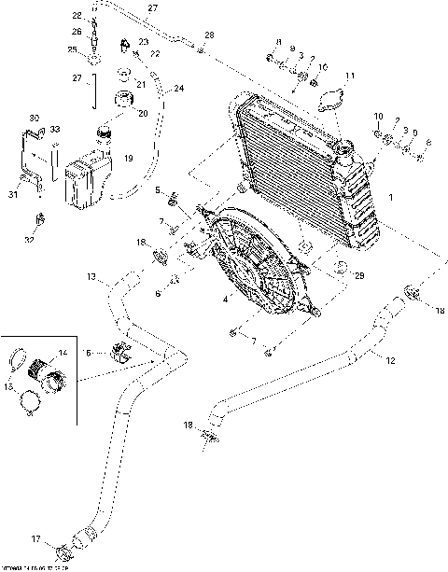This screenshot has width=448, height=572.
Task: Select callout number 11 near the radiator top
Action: point(351,76)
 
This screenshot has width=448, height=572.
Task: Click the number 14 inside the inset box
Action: point(63,353)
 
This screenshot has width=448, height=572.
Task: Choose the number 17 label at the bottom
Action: point(35,538)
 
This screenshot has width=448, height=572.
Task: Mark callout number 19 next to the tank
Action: point(129,158)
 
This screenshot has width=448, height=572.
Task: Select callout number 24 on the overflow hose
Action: point(179,89)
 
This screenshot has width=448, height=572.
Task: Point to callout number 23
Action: point(143,42)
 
